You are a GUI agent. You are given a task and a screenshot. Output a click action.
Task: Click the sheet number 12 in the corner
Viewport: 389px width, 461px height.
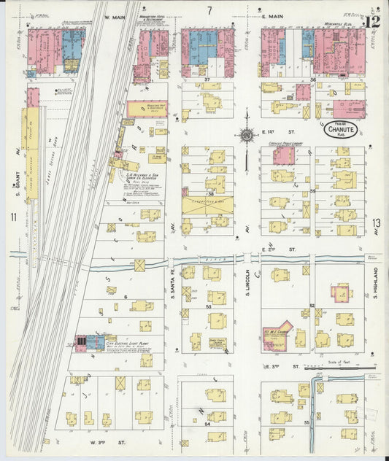pos(374,21)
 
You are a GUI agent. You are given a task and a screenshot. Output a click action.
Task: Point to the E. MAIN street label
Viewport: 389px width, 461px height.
pos(271,15)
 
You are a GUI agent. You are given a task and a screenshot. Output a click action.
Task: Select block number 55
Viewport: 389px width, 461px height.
pos(307,422)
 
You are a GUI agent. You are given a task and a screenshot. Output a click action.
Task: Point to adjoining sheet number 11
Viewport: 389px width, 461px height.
pos(13,217)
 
